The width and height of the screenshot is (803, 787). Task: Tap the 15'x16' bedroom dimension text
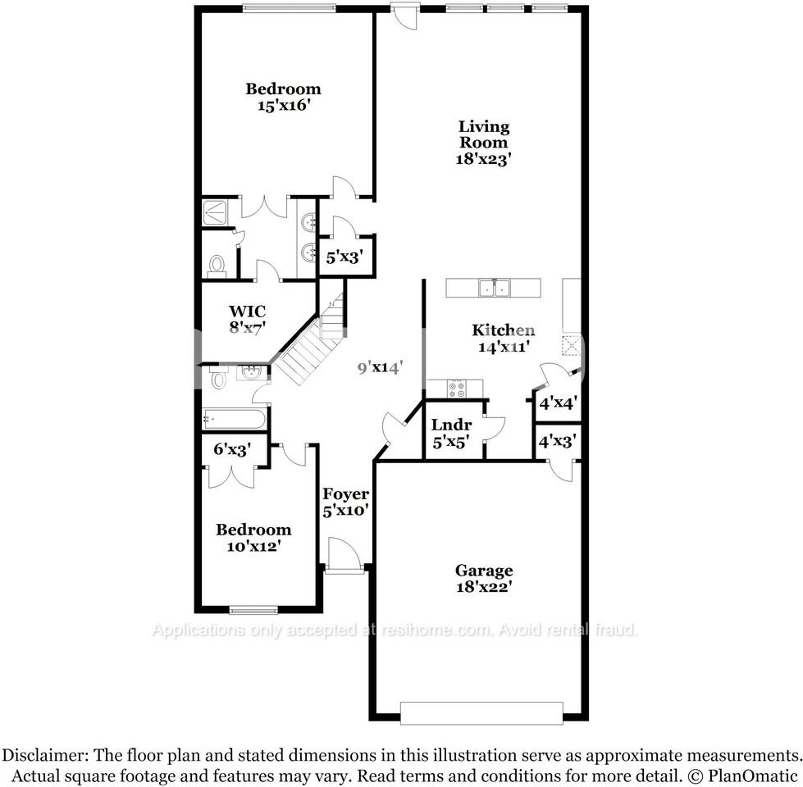pos(283,105)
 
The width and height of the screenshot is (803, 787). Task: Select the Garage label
pos(484,571)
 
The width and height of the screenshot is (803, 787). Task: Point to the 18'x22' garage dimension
pos(484,587)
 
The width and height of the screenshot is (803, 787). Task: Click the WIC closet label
pos(247,312)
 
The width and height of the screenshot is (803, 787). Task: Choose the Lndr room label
pos(451,425)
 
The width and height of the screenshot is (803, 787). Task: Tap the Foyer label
pos(345,494)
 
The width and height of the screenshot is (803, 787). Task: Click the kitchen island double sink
pos(495,288)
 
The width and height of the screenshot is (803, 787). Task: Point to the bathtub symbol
pos(235,420)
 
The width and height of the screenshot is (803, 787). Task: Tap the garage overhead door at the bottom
pos(481,712)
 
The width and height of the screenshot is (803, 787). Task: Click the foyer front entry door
pos(342,557)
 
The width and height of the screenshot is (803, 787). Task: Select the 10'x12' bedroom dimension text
pos(253,546)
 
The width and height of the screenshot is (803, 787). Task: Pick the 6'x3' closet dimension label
pos(230,449)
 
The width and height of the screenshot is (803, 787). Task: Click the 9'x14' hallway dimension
pos(379,368)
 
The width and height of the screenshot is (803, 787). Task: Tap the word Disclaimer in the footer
pos(48,755)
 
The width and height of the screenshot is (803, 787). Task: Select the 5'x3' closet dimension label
pos(344,257)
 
